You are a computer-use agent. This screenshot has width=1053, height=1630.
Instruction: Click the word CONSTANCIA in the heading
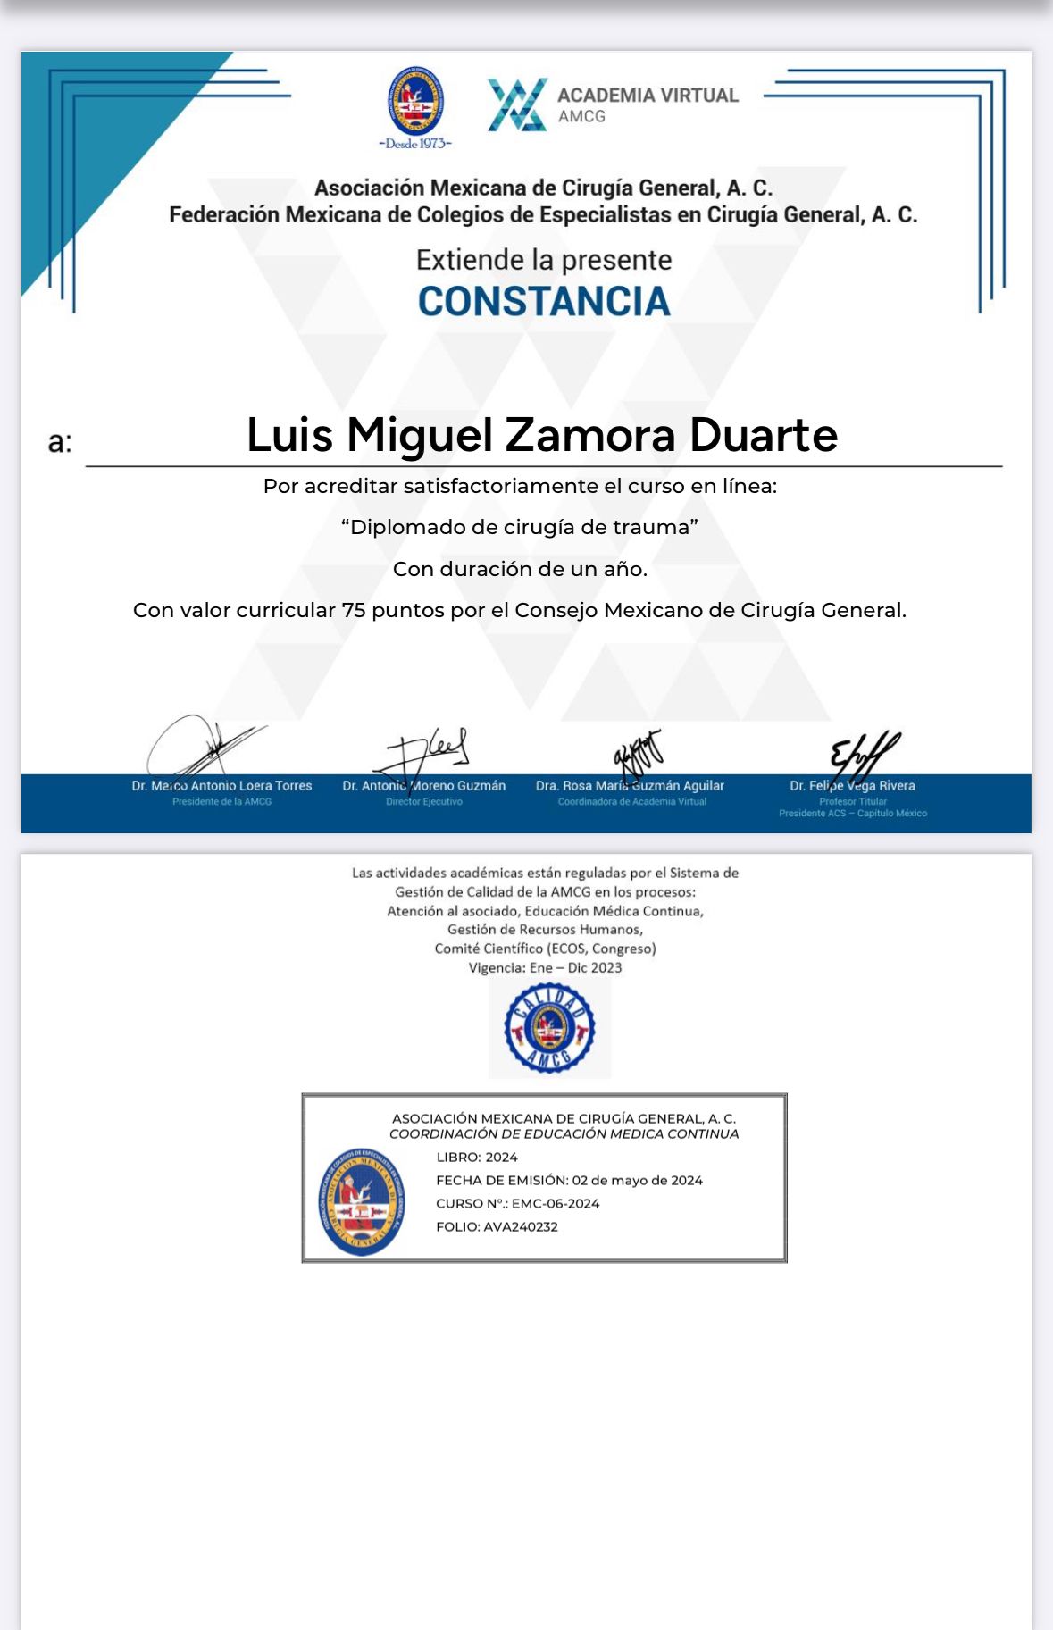pos(544,302)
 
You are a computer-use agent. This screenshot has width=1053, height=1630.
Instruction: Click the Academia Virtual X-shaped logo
pos(517,104)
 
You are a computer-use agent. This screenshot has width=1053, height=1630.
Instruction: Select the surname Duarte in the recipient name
pos(764,435)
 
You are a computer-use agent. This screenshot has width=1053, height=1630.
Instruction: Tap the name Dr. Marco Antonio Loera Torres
pos(221,786)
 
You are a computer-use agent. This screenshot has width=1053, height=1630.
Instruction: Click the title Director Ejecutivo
pos(424,802)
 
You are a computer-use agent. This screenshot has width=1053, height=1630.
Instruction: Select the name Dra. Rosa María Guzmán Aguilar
pos(630,786)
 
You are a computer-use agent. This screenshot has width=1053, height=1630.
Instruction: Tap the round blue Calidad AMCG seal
pos(549,1027)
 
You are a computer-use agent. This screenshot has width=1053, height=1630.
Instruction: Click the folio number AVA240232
pos(521,1227)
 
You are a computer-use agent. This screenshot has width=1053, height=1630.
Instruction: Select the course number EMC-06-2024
pos(556,1204)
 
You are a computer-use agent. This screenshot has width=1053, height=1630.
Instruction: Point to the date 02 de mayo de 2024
pos(637,1181)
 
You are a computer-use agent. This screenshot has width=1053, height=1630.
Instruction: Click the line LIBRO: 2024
pos(477,1158)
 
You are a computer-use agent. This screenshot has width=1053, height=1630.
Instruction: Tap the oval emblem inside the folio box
pos(362,1202)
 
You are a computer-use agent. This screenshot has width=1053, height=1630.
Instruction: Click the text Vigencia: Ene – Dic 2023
pos(545,968)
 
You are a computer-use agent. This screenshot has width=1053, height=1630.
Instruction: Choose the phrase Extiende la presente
pos(544,260)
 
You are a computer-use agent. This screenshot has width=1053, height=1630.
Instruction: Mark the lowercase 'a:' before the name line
pos(60,442)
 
